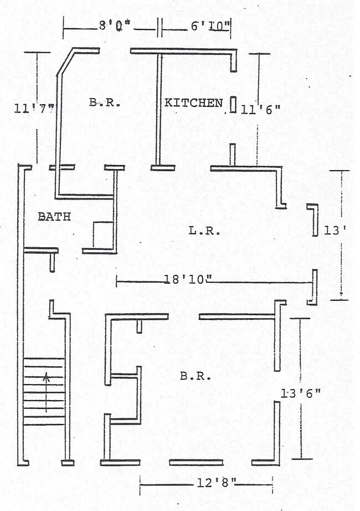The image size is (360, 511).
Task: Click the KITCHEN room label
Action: click(x=193, y=103)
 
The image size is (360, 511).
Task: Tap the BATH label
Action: click(x=54, y=217)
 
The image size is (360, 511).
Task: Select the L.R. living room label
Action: click(x=204, y=231)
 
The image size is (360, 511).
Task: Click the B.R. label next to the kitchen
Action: click(x=105, y=103)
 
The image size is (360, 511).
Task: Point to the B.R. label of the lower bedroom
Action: click(x=196, y=376)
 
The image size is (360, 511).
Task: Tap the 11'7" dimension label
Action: click(x=34, y=109)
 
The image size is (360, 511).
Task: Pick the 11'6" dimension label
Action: click(x=261, y=110)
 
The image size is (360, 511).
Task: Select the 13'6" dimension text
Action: click(x=301, y=394)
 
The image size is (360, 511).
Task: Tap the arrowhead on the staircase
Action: click(x=47, y=377)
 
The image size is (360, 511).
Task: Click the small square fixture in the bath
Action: click(x=103, y=234)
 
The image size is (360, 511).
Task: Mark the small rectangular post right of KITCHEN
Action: click(x=233, y=105)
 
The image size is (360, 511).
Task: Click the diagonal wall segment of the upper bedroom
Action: click(x=65, y=63)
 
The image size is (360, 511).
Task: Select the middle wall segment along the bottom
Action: click(x=196, y=462)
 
